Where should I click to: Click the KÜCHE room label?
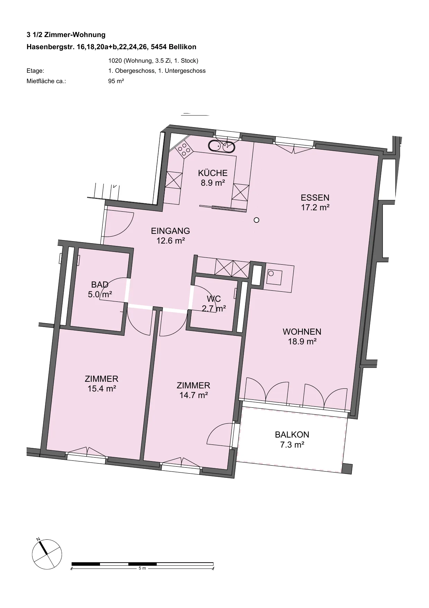(213, 173)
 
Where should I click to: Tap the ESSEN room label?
(315, 198)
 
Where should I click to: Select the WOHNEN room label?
(302, 332)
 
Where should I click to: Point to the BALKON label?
(292, 434)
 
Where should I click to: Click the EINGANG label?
(171, 231)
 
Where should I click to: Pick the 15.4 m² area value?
(102, 389)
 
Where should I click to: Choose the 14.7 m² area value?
(193, 395)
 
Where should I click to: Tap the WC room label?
(214, 299)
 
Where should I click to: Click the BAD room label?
(100, 285)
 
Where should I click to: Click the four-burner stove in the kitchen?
(184, 150)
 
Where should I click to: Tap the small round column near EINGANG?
(256, 220)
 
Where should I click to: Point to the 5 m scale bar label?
(142, 569)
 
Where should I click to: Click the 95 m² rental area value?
(116, 81)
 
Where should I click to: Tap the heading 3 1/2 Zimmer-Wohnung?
(66, 35)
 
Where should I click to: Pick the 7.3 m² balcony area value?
(292, 444)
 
